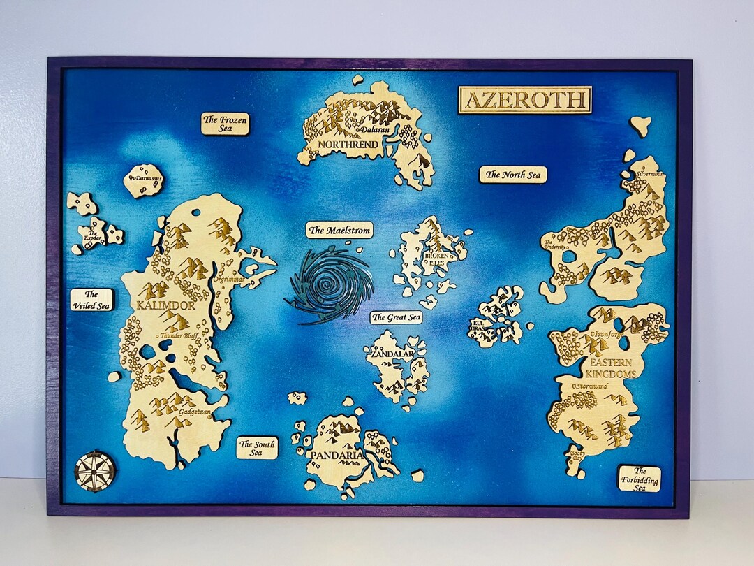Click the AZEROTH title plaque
coord(525,99)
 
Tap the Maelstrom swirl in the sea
coord(329,286)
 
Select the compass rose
coord(94,470)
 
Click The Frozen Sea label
coord(225,124)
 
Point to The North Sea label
coord(512,175)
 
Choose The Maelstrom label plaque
coord(339,230)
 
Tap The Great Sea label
coord(397,318)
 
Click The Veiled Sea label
coord(91,300)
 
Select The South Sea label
coord(256,448)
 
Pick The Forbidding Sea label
coord(639,479)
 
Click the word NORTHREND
coord(348,145)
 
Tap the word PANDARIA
coord(338,456)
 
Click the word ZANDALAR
coord(392,354)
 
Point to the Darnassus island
coord(144,180)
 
